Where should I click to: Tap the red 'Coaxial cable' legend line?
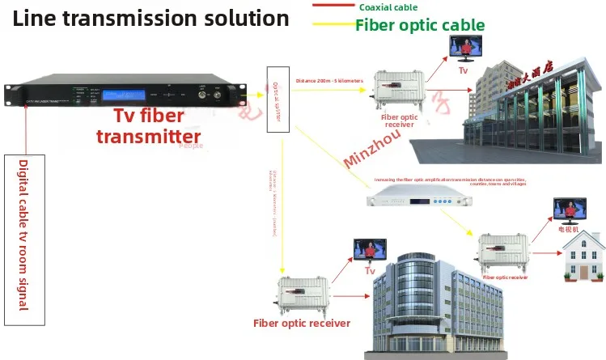[x=332, y=6]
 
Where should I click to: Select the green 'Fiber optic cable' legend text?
[x=420, y=25]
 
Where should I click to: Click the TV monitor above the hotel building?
[x=464, y=49]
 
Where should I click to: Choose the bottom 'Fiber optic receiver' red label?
[x=302, y=324]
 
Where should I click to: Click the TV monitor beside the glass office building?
[x=369, y=247]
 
